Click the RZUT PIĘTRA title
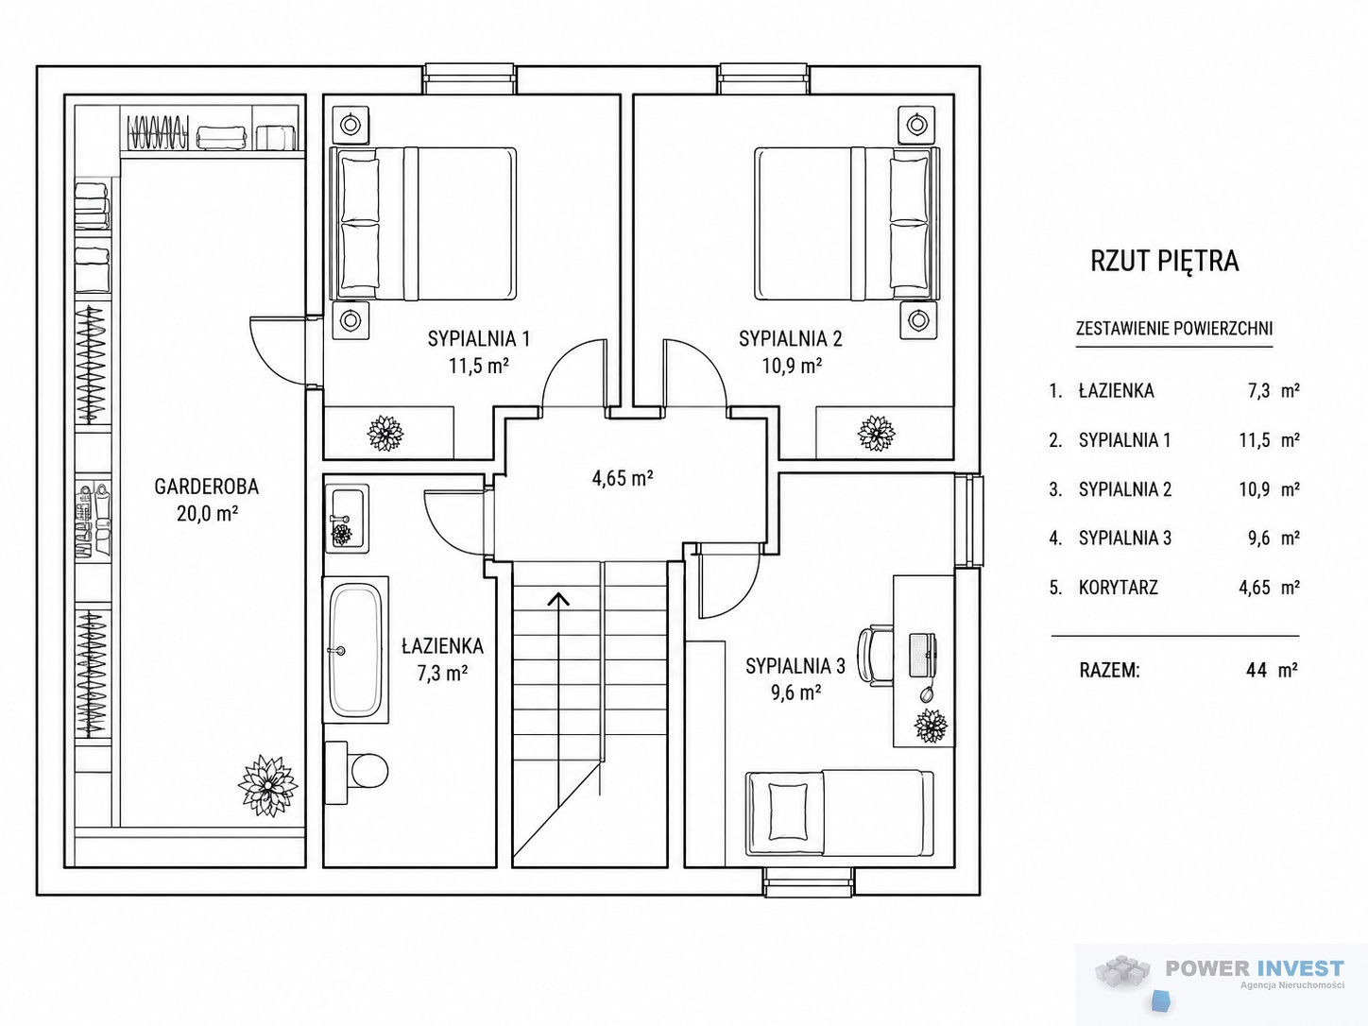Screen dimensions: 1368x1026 pos(1164,261)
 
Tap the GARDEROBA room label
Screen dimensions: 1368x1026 pos(206,487)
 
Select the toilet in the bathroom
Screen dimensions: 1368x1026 pos(356,772)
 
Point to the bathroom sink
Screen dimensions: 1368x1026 pos(347,519)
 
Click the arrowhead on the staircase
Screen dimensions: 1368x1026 pos(558,599)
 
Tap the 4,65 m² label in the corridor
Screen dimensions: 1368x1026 pos(622,478)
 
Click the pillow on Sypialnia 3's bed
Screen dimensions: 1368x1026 pos(788,812)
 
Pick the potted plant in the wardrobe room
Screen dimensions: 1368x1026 pos(268,786)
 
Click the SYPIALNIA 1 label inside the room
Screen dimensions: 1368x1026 pos(479,339)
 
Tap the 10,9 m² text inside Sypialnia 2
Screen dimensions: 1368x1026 pos(792,366)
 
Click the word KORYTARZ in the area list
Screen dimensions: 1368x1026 pos(1118,588)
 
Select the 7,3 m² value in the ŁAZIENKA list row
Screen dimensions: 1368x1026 pos(1274,391)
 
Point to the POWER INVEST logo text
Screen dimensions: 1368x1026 pos(1255,968)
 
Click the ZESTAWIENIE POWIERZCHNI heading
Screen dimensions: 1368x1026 pos(1174,328)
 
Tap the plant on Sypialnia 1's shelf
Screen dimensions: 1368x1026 pos(385,434)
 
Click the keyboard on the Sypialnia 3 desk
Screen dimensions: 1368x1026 pos(922,655)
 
